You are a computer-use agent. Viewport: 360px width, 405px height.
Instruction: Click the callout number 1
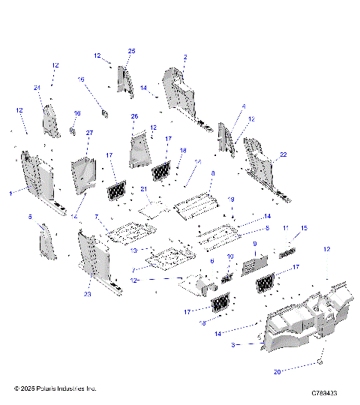click(10, 193)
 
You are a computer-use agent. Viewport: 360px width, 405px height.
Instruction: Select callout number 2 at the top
click(185, 56)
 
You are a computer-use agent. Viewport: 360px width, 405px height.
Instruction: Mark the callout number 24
click(36, 88)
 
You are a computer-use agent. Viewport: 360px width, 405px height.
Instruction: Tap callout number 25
click(131, 51)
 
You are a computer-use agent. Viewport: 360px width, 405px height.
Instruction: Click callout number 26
click(135, 116)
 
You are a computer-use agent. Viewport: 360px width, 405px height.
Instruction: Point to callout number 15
click(304, 227)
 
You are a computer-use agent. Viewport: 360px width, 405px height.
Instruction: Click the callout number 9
click(254, 244)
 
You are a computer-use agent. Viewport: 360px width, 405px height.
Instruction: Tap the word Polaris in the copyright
click(56, 388)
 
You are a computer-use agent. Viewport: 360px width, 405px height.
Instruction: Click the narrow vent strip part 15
click(287, 253)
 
